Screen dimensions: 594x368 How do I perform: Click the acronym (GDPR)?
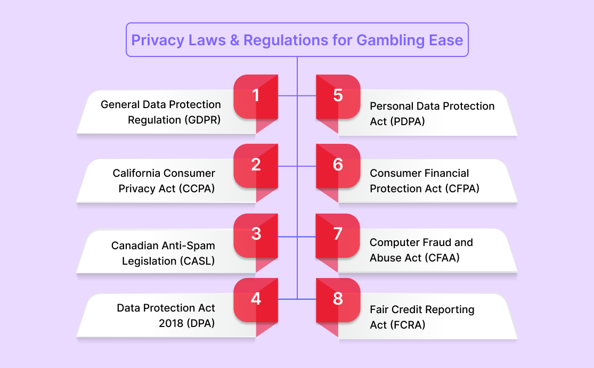202,120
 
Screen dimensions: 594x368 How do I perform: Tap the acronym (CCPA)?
197,189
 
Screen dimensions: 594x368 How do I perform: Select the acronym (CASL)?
197,261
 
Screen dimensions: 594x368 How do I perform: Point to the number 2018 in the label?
171,323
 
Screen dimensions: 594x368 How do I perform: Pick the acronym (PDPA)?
408,121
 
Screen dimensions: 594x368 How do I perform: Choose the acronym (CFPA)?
462,189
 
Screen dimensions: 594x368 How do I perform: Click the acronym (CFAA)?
442,258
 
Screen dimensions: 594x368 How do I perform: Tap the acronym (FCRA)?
408,325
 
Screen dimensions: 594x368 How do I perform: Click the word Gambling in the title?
390,40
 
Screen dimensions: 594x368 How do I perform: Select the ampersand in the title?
234,40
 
